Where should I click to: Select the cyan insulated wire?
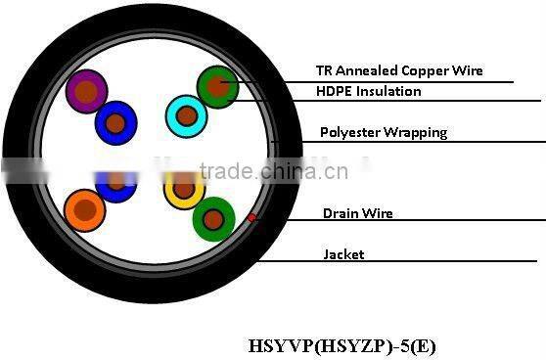click(186, 116)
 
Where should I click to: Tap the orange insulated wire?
click(84, 209)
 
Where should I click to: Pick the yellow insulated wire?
click(183, 189)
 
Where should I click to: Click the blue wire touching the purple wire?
click(116, 123)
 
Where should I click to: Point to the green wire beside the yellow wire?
click(213, 218)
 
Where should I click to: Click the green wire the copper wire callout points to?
click(217, 87)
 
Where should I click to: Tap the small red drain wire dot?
click(252, 217)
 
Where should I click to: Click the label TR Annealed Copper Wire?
click(398, 70)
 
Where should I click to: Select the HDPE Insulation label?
click(368, 91)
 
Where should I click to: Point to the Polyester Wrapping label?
click(384, 132)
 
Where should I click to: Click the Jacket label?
click(343, 254)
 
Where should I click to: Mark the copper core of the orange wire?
click(86, 210)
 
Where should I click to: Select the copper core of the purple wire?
click(86, 93)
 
